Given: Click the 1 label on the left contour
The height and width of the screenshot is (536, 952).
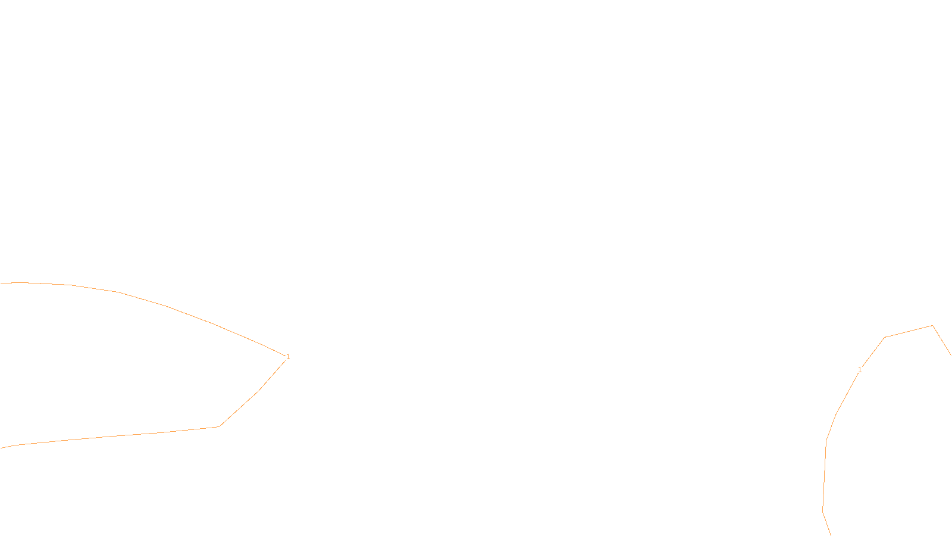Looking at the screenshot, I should [x=288, y=357].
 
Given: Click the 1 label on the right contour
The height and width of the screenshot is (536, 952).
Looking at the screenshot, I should [x=860, y=370].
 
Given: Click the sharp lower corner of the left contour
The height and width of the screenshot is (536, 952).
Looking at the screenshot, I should [x=220, y=426].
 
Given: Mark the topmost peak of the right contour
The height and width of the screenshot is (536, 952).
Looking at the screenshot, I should [x=932, y=326].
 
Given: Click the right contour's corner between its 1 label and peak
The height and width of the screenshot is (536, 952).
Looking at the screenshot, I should [x=885, y=338].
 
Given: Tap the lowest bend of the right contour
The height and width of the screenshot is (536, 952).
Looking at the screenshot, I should [x=823, y=511].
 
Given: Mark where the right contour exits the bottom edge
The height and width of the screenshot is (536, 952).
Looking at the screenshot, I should [x=831, y=535].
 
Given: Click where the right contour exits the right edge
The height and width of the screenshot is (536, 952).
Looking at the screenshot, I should [x=951, y=355].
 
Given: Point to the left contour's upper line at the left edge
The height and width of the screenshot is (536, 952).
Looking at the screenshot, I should [x=1, y=283].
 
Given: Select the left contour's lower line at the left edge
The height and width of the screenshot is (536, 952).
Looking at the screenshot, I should [x=1, y=448].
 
